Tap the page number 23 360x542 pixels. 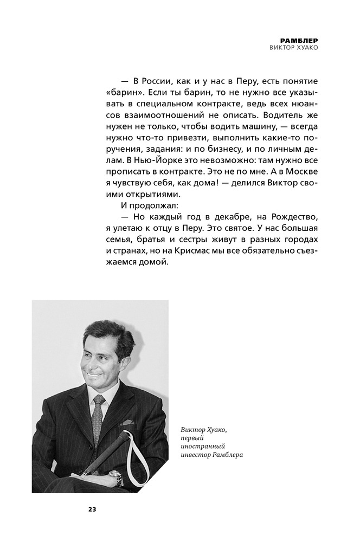[x=92, y=508]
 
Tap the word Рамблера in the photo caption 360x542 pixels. [x=225, y=455]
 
